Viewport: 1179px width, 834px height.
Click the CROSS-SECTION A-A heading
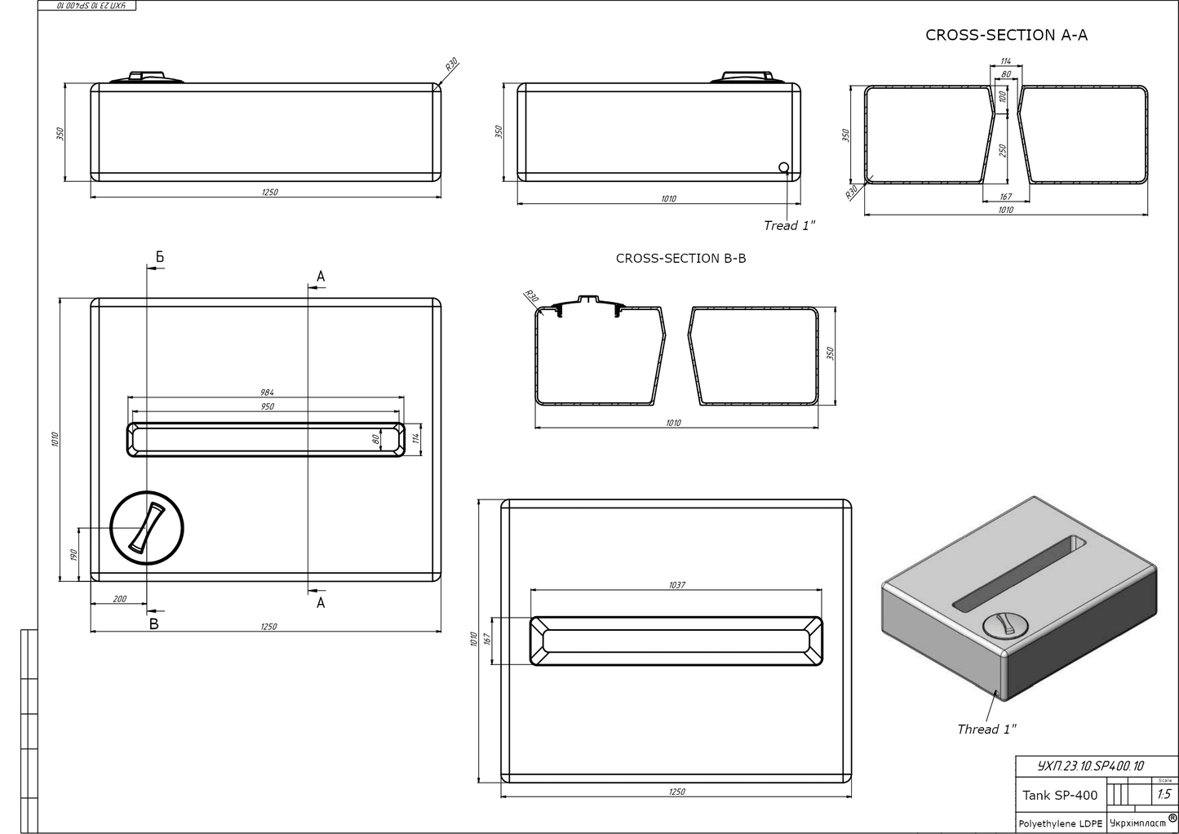pos(1006,35)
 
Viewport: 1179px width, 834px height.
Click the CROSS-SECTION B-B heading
pos(680,259)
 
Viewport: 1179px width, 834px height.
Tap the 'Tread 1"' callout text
pos(789,226)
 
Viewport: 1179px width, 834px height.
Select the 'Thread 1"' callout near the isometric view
pos(986,730)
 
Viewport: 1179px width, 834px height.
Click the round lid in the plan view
pos(147,528)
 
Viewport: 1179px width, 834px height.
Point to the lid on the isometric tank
pos(1004,625)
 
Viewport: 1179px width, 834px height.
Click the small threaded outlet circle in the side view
pos(784,168)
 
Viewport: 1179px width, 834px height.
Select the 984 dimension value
pos(267,393)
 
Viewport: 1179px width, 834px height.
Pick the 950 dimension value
pos(267,406)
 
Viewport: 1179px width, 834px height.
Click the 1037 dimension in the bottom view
pos(676,585)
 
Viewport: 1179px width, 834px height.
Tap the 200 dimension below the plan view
pos(119,599)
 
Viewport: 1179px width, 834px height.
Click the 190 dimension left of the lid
pos(73,554)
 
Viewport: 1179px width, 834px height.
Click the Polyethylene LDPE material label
pos(1060,823)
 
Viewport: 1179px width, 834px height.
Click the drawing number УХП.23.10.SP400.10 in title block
pos(1090,766)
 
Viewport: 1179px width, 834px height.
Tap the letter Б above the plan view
pos(160,258)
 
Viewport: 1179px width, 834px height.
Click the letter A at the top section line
pos(321,277)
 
